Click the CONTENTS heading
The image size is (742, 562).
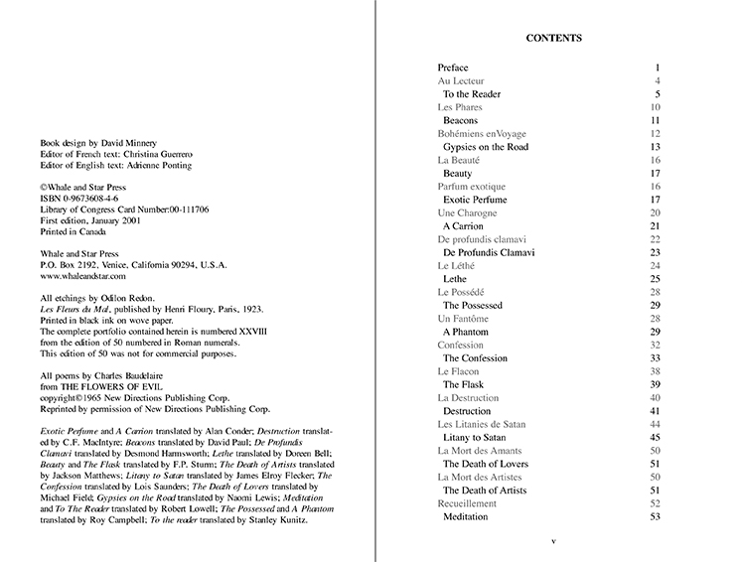pyautogui.click(x=553, y=39)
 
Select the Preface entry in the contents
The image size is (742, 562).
pyautogui.click(x=453, y=68)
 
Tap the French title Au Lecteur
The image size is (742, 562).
pyautogui.click(x=463, y=80)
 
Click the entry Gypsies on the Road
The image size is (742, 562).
pyautogui.click(x=486, y=147)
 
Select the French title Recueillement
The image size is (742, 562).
pyautogui.click(x=468, y=503)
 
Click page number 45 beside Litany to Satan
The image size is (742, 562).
pyautogui.click(x=655, y=437)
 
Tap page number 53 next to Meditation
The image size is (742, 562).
pyautogui.click(x=655, y=516)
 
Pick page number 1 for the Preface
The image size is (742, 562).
pyautogui.click(x=658, y=68)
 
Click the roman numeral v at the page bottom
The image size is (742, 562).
pyautogui.click(x=553, y=540)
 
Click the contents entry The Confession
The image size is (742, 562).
pyautogui.click(x=475, y=357)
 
